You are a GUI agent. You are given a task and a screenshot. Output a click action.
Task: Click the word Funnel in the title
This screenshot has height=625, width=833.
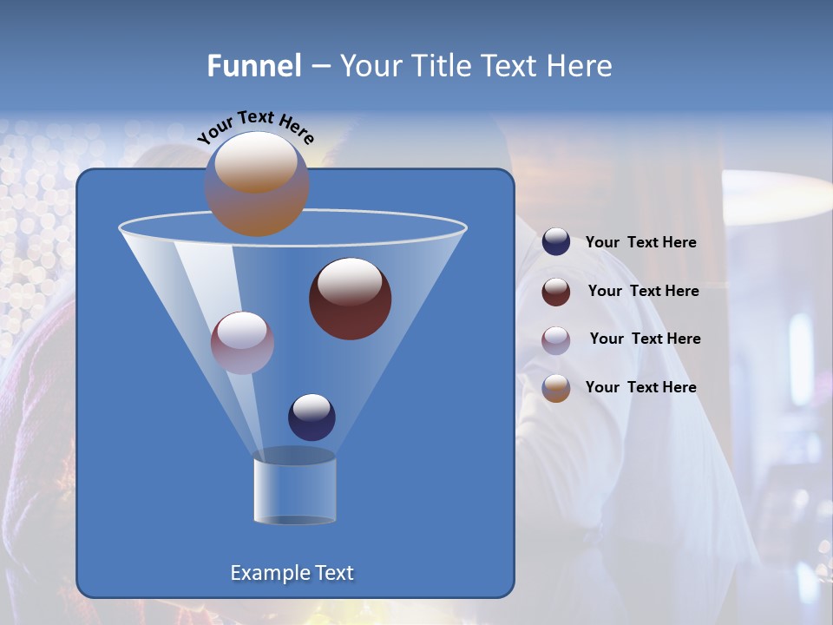pyautogui.click(x=253, y=66)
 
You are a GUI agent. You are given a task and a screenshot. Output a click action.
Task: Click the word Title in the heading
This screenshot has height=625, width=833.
pyautogui.click(x=440, y=66)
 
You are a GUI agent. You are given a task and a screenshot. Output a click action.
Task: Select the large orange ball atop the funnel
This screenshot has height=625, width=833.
pyautogui.click(x=256, y=184)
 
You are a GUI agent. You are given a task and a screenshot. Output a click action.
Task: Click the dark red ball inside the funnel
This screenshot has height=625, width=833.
pyautogui.click(x=350, y=299)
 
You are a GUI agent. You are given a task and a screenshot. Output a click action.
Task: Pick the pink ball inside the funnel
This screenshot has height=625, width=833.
pyautogui.click(x=242, y=343)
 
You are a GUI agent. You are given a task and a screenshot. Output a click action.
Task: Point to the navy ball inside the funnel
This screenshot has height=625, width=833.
pyautogui.click(x=312, y=417)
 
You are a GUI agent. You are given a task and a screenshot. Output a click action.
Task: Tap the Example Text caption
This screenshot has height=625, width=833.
pyautogui.click(x=292, y=573)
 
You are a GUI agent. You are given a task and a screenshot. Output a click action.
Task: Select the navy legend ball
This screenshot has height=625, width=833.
pyautogui.click(x=556, y=242)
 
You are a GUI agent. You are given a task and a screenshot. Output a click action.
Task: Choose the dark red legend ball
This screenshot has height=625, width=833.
pyautogui.click(x=556, y=292)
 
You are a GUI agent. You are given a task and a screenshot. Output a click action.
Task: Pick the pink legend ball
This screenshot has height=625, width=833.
pyautogui.click(x=556, y=339)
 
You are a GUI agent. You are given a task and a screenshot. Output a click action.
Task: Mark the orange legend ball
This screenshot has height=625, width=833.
pyautogui.click(x=556, y=388)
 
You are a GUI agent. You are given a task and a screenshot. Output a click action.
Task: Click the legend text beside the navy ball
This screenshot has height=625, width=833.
pyautogui.click(x=640, y=243)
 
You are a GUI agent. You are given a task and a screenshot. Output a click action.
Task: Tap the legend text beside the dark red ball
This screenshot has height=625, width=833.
pyautogui.click(x=643, y=291)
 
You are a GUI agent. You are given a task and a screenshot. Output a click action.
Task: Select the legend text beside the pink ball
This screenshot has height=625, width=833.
pyautogui.click(x=645, y=339)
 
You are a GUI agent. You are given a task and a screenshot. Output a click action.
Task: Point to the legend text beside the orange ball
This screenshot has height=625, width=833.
pyautogui.click(x=640, y=387)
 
